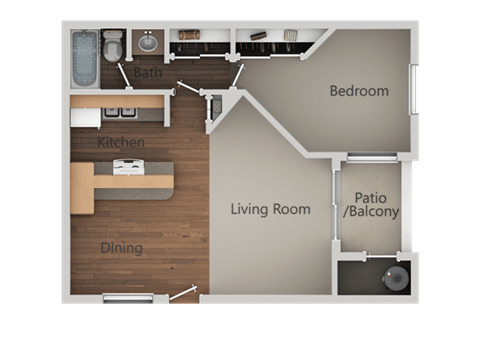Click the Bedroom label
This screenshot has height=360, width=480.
pos(359,91)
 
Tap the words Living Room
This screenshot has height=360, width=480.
pos(270,210)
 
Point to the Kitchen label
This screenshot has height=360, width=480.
pos(121,143)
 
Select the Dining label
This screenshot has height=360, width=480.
pos(121,248)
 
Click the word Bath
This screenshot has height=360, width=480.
pos(148,72)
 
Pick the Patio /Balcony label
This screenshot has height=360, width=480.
pos(371,205)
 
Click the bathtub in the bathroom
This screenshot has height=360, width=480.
pos(84,57)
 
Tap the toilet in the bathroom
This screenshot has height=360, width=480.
pos(112,45)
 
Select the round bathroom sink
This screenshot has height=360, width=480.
pos(148,42)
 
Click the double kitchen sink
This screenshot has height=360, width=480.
pos(122,112)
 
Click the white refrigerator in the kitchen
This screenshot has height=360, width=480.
pos(85,117)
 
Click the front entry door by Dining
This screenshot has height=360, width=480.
pos(183,292)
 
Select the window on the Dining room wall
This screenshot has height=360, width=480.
pos(128,297)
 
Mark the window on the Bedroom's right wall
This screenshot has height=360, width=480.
pos(414,90)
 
